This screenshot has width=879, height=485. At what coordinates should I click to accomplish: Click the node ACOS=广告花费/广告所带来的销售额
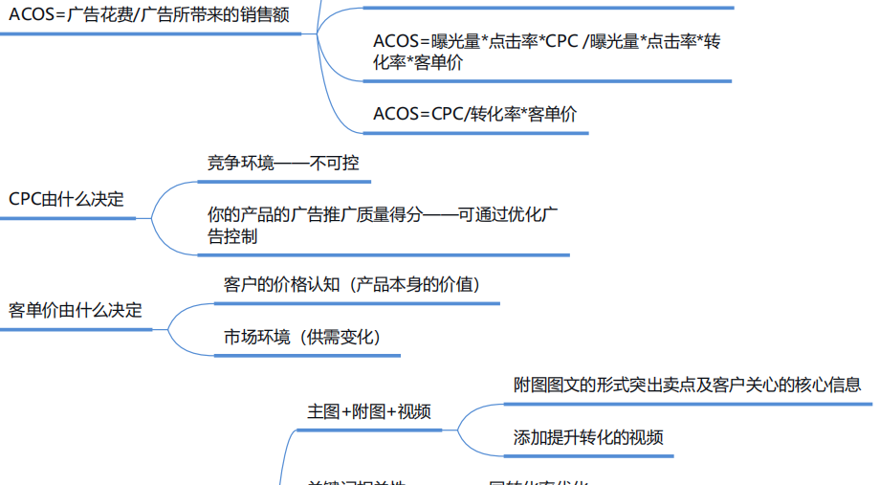[x=148, y=15]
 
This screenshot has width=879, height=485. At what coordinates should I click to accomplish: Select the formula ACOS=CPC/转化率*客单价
[x=475, y=114]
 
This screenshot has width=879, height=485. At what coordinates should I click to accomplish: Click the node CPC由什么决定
[x=66, y=199]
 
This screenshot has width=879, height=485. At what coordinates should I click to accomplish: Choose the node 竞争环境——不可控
[x=283, y=163]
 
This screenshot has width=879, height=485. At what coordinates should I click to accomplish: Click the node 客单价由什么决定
[x=76, y=310]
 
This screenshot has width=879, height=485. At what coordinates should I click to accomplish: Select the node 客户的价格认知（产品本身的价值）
[x=352, y=284]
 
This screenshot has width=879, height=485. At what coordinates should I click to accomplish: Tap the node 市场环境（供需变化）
[x=302, y=337]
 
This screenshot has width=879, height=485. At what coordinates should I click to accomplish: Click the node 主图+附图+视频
[x=368, y=411]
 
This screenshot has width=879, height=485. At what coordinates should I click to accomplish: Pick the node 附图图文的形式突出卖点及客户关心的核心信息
[x=687, y=385]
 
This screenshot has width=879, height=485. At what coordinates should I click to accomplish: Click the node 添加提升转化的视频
[x=588, y=438]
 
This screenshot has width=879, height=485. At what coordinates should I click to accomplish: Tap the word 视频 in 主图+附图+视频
[x=414, y=411]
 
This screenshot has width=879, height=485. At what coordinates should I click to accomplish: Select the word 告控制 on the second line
[x=232, y=236]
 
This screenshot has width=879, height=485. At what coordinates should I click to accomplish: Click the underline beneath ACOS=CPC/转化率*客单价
[x=475, y=132]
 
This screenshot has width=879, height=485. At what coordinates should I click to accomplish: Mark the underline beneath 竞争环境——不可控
[x=283, y=181]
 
